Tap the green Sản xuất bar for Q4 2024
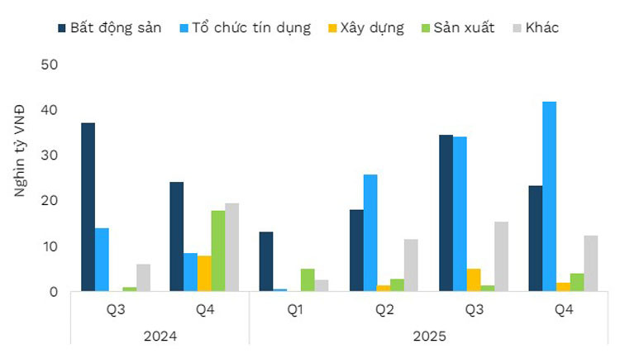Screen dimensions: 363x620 pyautogui.click(x=218, y=251)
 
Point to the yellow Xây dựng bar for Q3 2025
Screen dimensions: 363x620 pyautogui.click(x=473, y=279)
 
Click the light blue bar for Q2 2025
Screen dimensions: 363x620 pyautogui.click(x=370, y=232)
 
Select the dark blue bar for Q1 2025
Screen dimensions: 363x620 pyautogui.click(x=266, y=261)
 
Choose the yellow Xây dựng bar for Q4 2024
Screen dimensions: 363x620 pyautogui.click(x=204, y=273)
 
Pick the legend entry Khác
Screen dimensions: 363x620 pyautogui.click(x=541, y=28)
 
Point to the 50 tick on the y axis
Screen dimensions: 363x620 pyautogui.click(x=49, y=64)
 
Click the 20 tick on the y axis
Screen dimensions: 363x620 pyautogui.click(x=49, y=201)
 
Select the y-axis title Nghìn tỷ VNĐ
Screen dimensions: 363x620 pyautogui.click(x=20, y=150)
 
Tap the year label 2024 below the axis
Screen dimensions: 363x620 pyautogui.click(x=160, y=337)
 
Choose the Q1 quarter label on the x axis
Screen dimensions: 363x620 pyautogui.click(x=293, y=310)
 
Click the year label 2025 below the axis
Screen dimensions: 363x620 pyautogui.click(x=428, y=337)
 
